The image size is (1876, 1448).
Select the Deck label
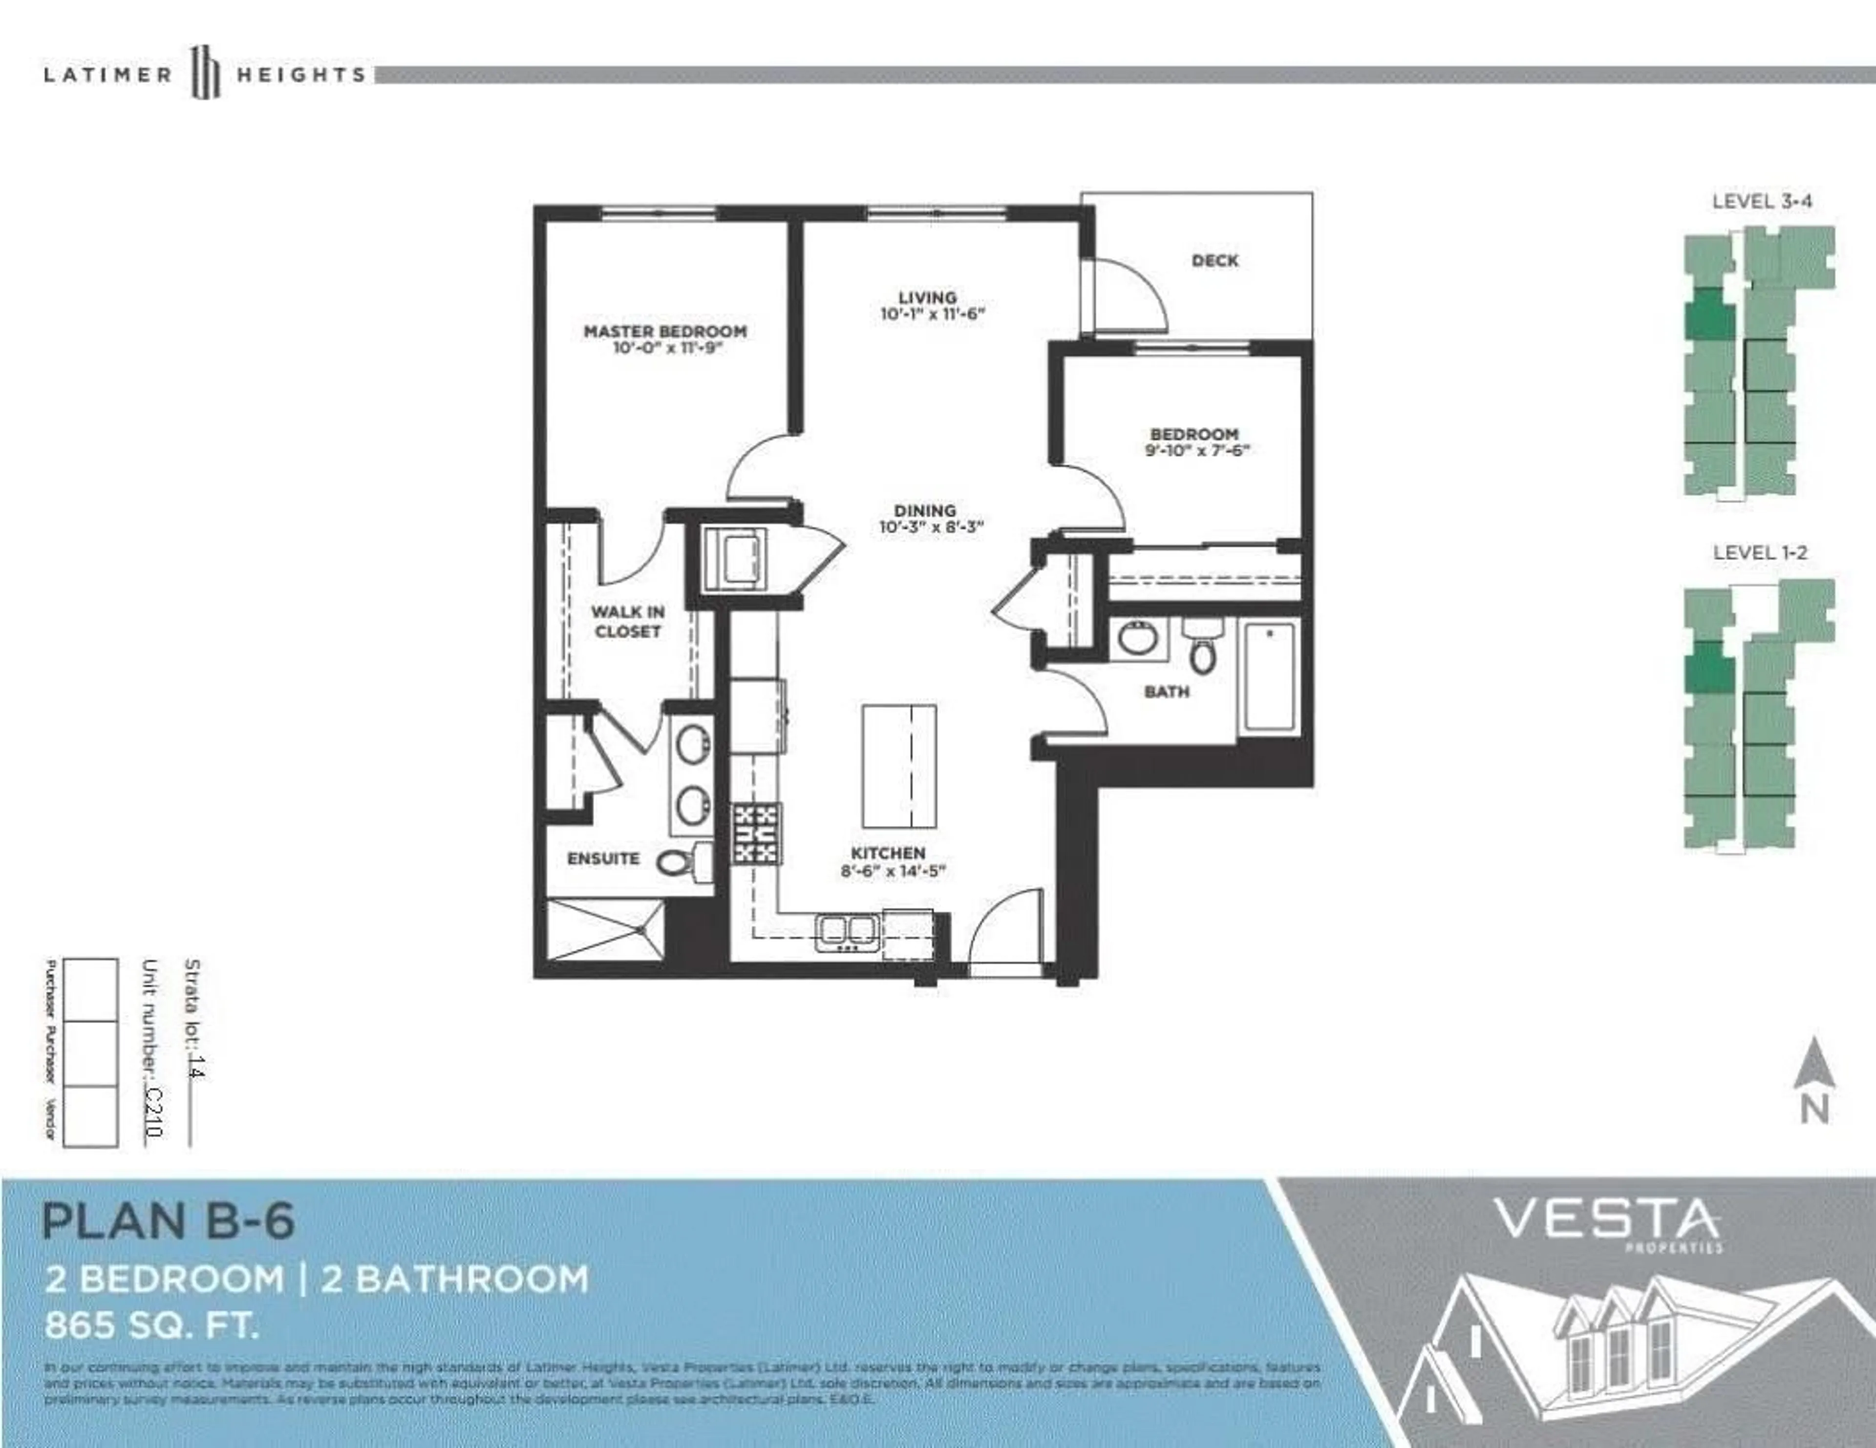click(x=1215, y=260)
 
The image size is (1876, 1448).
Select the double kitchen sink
click(x=847, y=931)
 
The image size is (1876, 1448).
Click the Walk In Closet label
click(x=627, y=621)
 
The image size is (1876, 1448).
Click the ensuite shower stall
click(x=606, y=930)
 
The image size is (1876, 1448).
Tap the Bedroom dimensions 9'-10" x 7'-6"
click(x=1195, y=450)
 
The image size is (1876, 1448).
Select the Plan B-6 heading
click(x=169, y=1220)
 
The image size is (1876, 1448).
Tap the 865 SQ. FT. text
click(x=151, y=1325)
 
